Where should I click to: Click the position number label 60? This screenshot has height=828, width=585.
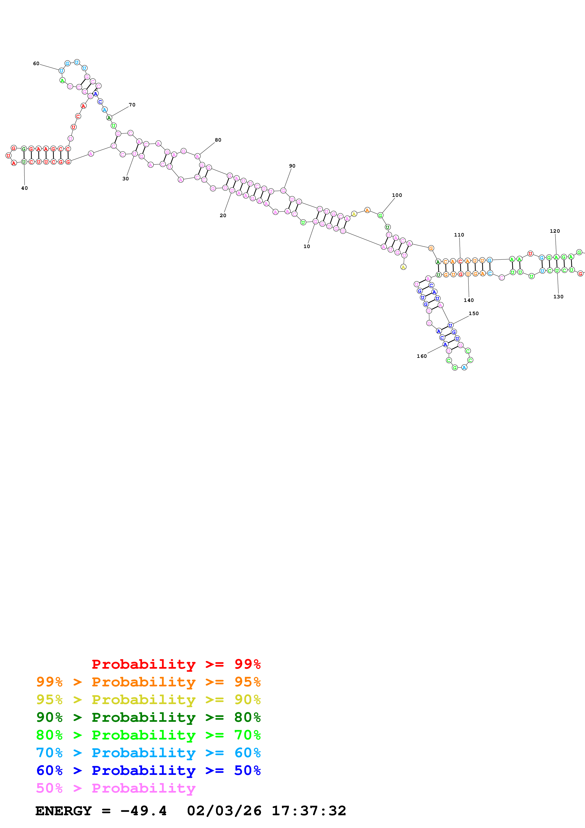click(x=36, y=64)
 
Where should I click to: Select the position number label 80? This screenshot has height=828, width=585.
click(x=218, y=140)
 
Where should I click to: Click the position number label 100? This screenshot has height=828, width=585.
click(x=397, y=195)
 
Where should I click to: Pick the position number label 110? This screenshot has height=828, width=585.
click(x=459, y=235)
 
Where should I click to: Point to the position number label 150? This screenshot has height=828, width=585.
click(x=474, y=314)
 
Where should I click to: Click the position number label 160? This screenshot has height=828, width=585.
click(x=422, y=356)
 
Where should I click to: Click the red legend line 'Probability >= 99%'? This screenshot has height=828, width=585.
click(x=176, y=664)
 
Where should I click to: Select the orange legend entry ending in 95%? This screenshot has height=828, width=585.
click(x=148, y=682)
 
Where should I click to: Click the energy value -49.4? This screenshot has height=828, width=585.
click(x=143, y=811)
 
